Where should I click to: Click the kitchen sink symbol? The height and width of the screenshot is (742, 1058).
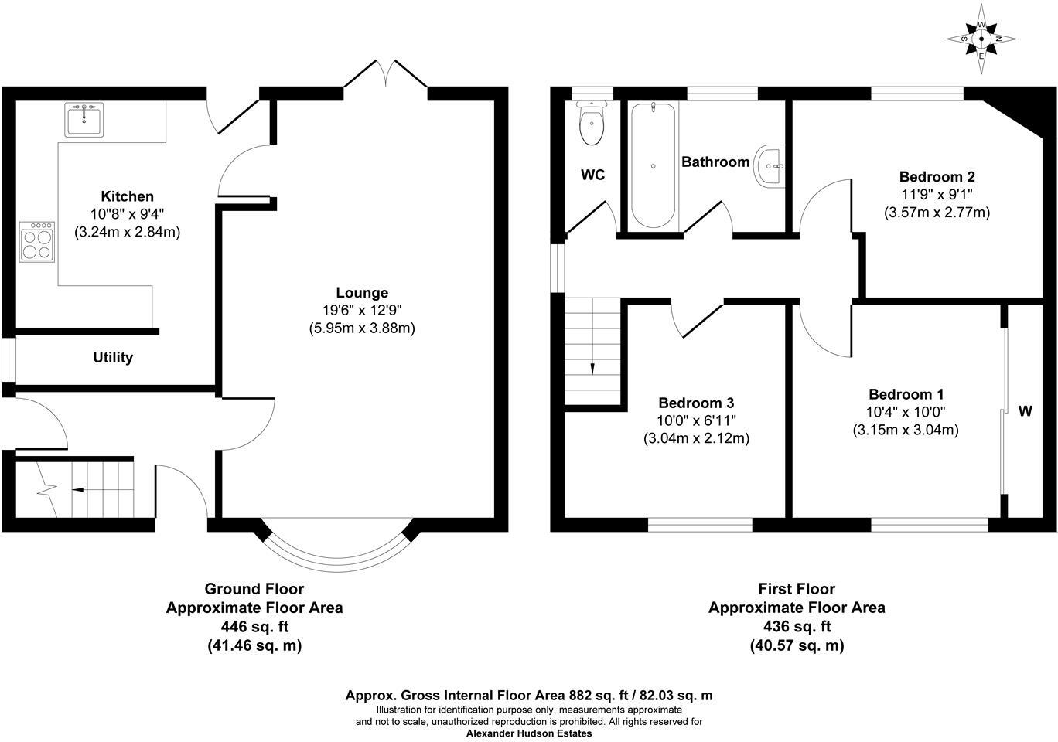[x=84, y=121]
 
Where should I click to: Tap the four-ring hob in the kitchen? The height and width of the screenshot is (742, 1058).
[x=37, y=242]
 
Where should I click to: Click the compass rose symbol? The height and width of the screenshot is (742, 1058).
[x=981, y=39]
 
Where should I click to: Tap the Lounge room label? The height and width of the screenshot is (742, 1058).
[x=362, y=293]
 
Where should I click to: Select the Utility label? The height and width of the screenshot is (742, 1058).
[x=113, y=357]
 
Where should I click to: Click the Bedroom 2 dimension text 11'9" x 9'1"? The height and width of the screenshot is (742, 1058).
[x=937, y=194]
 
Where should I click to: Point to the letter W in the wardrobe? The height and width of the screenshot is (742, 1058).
[x=1025, y=411]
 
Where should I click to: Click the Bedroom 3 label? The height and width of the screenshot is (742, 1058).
[x=696, y=403]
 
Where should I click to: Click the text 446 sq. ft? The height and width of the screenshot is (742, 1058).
[x=254, y=626]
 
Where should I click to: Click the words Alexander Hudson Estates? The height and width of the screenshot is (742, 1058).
[x=529, y=733]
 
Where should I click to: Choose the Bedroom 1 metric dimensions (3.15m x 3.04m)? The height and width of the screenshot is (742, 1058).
[x=906, y=430]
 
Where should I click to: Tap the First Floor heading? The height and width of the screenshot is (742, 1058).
[x=797, y=589]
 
